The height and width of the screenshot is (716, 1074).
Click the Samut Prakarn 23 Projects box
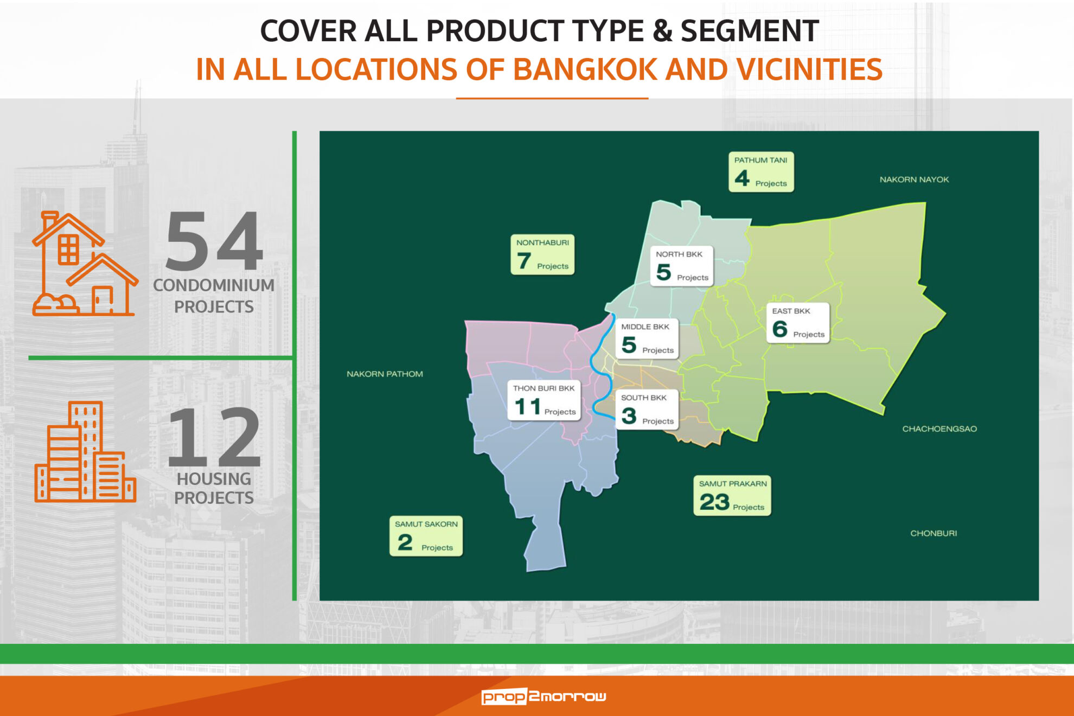[x=732, y=496]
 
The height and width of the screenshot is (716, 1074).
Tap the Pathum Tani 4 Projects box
[x=761, y=172]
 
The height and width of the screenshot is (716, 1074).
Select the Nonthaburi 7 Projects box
[x=542, y=254]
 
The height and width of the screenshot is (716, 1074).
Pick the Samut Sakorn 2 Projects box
[x=426, y=536]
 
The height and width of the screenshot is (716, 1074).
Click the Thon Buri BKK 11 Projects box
[x=544, y=400]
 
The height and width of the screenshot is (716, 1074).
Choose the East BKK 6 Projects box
[x=798, y=323]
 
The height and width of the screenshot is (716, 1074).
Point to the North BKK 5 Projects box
[x=682, y=266]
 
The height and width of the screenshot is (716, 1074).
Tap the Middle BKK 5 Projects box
[x=647, y=338]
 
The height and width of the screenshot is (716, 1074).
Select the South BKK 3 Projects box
[x=647, y=410]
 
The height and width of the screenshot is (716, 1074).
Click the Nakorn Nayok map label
[x=914, y=180]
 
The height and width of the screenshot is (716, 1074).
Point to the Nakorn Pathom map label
[x=385, y=374]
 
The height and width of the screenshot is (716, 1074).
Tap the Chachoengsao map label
[x=939, y=429]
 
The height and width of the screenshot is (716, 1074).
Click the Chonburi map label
[x=934, y=533]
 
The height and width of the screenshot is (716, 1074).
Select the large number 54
[x=214, y=241]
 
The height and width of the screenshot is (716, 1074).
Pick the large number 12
[x=214, y=437]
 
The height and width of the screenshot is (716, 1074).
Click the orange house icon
[x=85, y=264]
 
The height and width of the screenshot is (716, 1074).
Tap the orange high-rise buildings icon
[x=85, y=451]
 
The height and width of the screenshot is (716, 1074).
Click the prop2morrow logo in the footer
[x=544, y=696]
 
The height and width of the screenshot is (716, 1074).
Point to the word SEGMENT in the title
[x=750, y=30]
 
